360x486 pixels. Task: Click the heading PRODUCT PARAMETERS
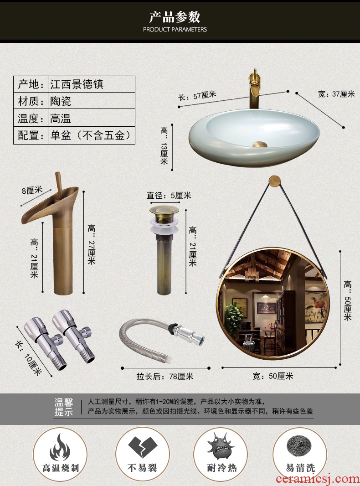click(x=175, y=30)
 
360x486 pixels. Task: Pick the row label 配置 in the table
click(x=28, y=135)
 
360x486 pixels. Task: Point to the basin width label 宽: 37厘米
click(x=336, y=94)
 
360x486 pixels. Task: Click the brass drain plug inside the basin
click(x=260, y=145)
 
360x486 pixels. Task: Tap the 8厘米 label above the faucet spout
click(x=32, y=190)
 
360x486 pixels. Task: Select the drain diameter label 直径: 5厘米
click(x=169, y=196)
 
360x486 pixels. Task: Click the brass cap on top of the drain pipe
click(x=164, y=210)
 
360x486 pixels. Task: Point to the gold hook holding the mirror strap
click(x=274, y=181)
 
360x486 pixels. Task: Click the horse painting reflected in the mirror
click(x=315, y=307)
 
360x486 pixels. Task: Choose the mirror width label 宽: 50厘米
click(x=273, y=376)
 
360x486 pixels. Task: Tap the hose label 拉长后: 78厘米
click(x=165, y=376)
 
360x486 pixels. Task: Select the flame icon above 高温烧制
click(x=60, y=447)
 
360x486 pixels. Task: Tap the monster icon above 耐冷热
click(x=221, y=446)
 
